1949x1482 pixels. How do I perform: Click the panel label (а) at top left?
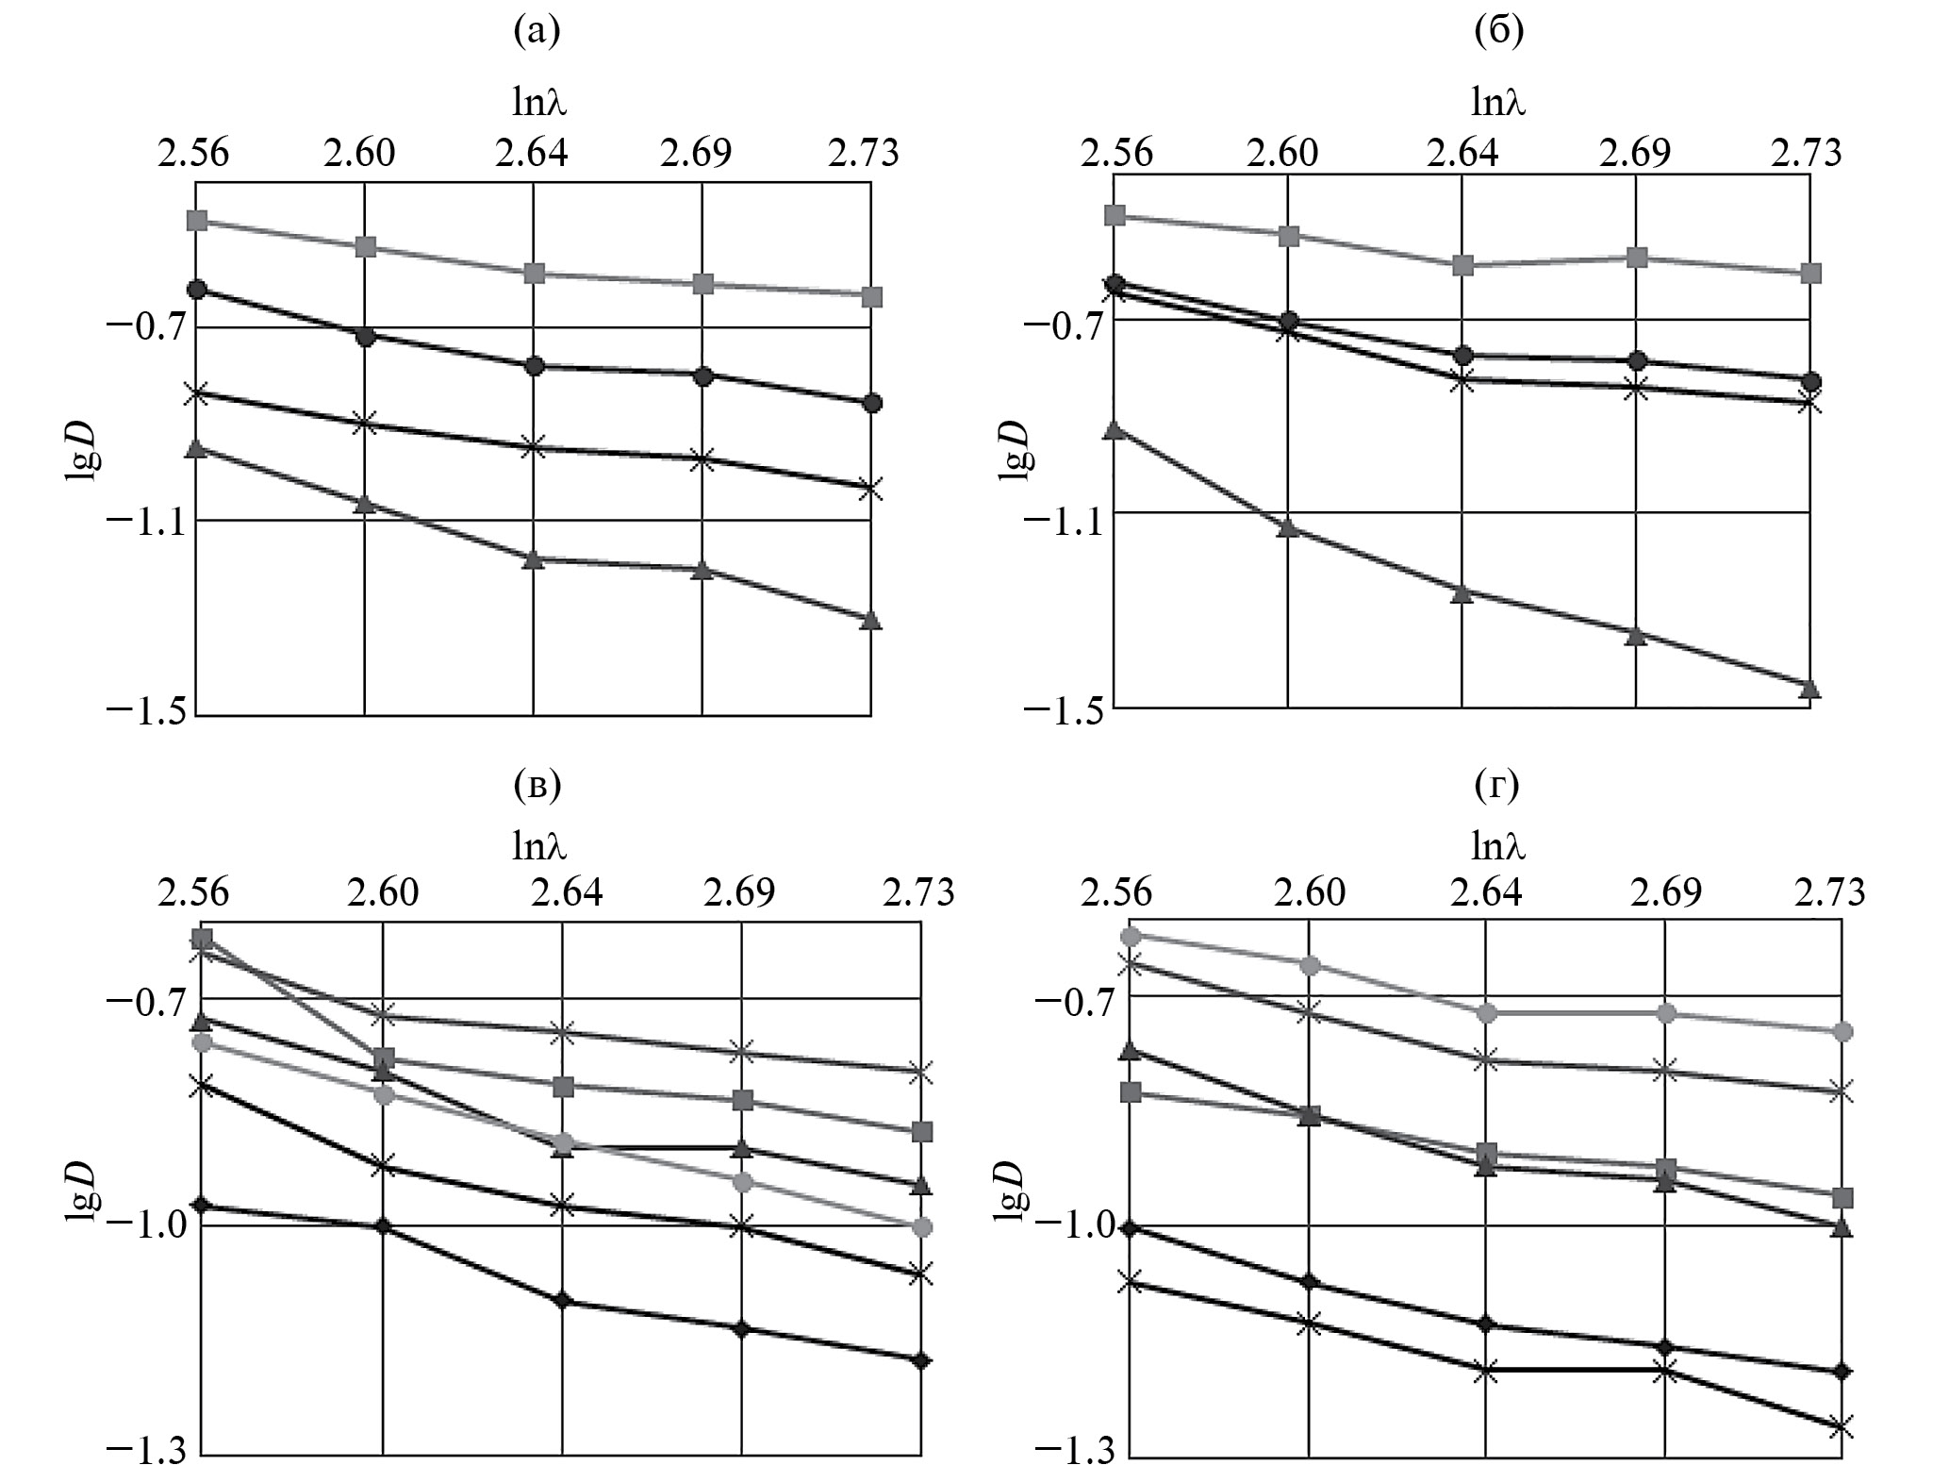(x=537, y=33)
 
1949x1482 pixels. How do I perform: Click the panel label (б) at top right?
(x=1498, y=33)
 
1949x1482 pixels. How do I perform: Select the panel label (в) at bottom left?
(x=537, y=784)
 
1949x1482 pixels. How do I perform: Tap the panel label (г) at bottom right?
(x=1498, y=784)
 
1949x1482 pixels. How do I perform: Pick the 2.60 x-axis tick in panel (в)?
(x=382, y=891)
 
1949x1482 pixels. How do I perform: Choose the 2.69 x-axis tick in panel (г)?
(x=1665, y=891)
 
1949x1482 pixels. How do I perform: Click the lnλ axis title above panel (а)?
(x=538, y=101)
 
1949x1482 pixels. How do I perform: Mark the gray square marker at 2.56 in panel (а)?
(x=197, y=221)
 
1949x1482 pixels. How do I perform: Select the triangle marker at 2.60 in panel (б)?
(x=1288, y=527)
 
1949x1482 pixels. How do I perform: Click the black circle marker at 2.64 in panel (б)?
(x=1462, y=356)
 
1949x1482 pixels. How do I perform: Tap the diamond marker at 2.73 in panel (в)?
(x=921, y=1359)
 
